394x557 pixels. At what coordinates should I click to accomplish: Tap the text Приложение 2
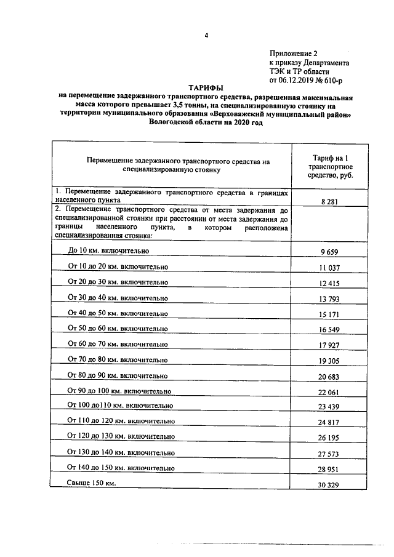pyautogui.click(x=294, y=54)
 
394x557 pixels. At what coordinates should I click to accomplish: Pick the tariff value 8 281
pyautogui.click(x=330, y=201)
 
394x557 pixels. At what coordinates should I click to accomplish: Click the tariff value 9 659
pyautogui.click(x=330, y=252)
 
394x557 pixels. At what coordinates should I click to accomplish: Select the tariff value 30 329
pyautogui.click(x=330, y=486)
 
